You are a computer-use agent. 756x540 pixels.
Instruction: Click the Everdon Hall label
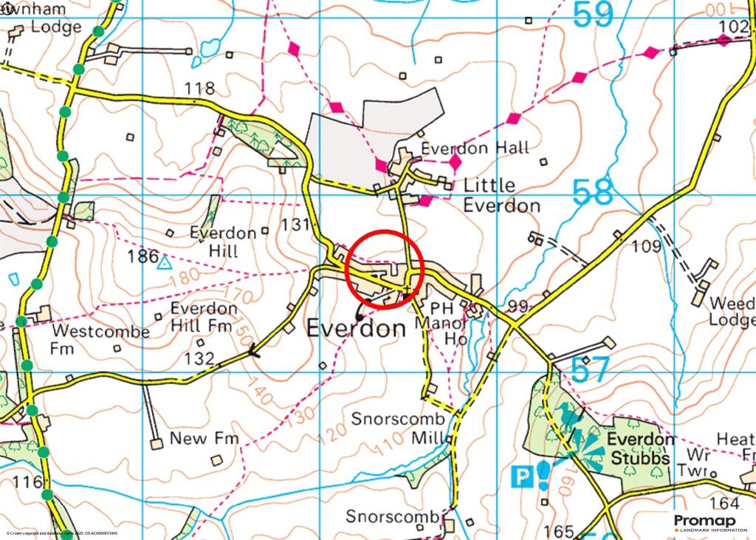(x=475, y=148)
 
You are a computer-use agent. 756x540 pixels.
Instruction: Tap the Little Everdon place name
(x=501, y=195)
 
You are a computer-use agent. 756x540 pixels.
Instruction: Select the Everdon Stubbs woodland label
(x=640, y=448)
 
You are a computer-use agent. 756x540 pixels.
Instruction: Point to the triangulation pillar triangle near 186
(x=165, y=262)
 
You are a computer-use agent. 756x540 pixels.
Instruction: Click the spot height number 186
(x=142, y=257)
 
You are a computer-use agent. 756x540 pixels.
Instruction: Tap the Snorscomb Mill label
(x=397, y=428)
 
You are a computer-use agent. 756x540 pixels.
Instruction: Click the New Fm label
(x=205, y=439)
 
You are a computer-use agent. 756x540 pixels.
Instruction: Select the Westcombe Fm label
(x=100, y=339)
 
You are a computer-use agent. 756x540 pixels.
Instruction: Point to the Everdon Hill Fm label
(x=202, y=316)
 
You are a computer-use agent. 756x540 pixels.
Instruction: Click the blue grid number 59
(x=593, y=15)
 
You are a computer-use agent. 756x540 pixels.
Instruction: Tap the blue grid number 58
(x=593, y=194)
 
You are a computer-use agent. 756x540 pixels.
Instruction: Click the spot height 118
(x=199, y=89)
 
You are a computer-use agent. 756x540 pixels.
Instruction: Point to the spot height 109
(x=647, y=246)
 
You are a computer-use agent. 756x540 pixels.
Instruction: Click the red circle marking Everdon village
(x=384, y=267)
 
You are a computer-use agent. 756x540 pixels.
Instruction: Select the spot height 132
(x=199, y=359)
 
